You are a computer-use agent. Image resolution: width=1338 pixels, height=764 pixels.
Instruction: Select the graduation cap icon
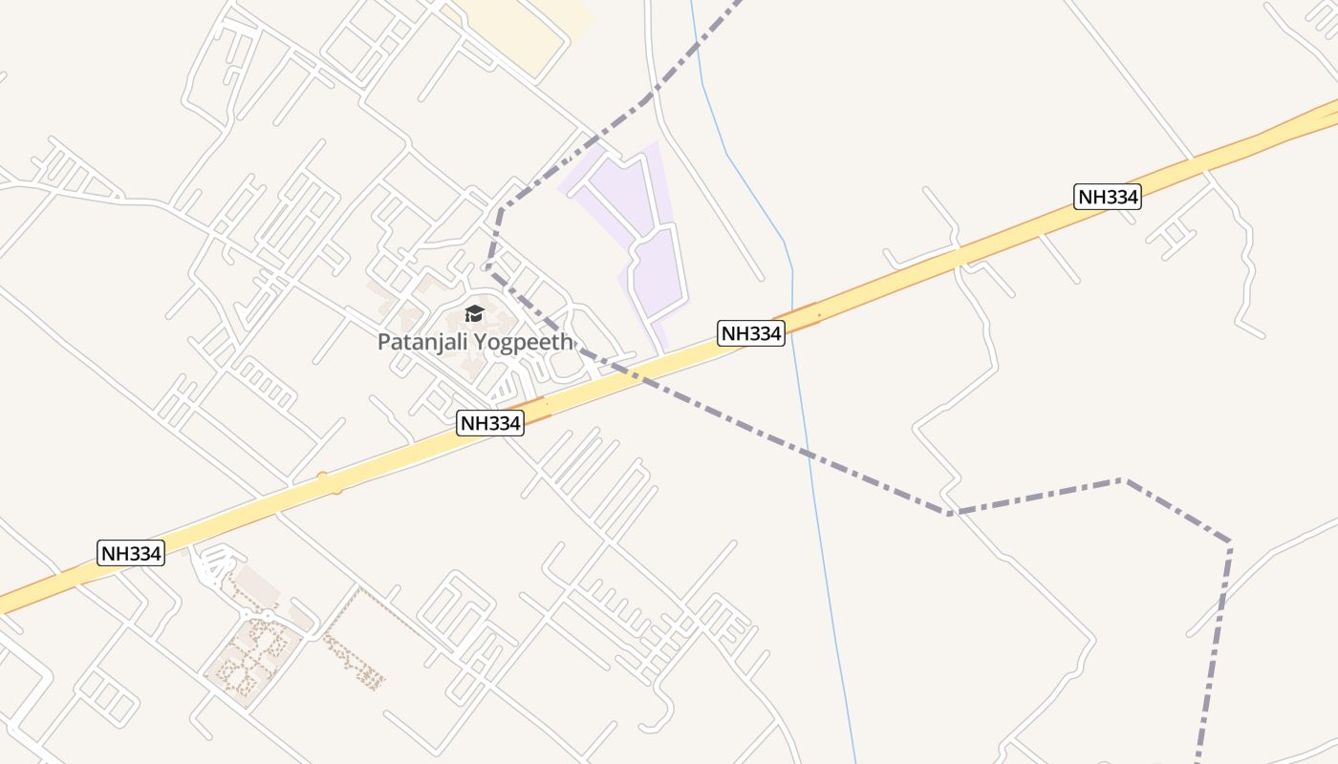474,313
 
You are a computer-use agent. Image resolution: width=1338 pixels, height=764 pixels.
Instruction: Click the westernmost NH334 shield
131,552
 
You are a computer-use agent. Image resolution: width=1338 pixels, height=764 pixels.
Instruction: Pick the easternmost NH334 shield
1108,197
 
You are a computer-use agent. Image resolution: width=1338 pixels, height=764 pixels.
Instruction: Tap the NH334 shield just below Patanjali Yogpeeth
490,422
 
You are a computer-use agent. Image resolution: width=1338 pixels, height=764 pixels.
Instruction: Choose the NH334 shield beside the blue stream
751,333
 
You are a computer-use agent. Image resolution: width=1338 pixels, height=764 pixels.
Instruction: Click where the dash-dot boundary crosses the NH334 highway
638,374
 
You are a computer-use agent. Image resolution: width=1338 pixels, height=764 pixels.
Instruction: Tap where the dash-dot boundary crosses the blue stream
809,454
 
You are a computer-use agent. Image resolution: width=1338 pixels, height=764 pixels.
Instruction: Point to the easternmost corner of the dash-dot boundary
1229,543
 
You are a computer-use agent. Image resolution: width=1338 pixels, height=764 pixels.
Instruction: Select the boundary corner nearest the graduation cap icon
488,268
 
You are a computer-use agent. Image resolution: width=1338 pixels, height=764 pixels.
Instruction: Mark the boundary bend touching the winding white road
949,513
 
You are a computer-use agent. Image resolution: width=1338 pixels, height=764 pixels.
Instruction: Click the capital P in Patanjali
384,342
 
